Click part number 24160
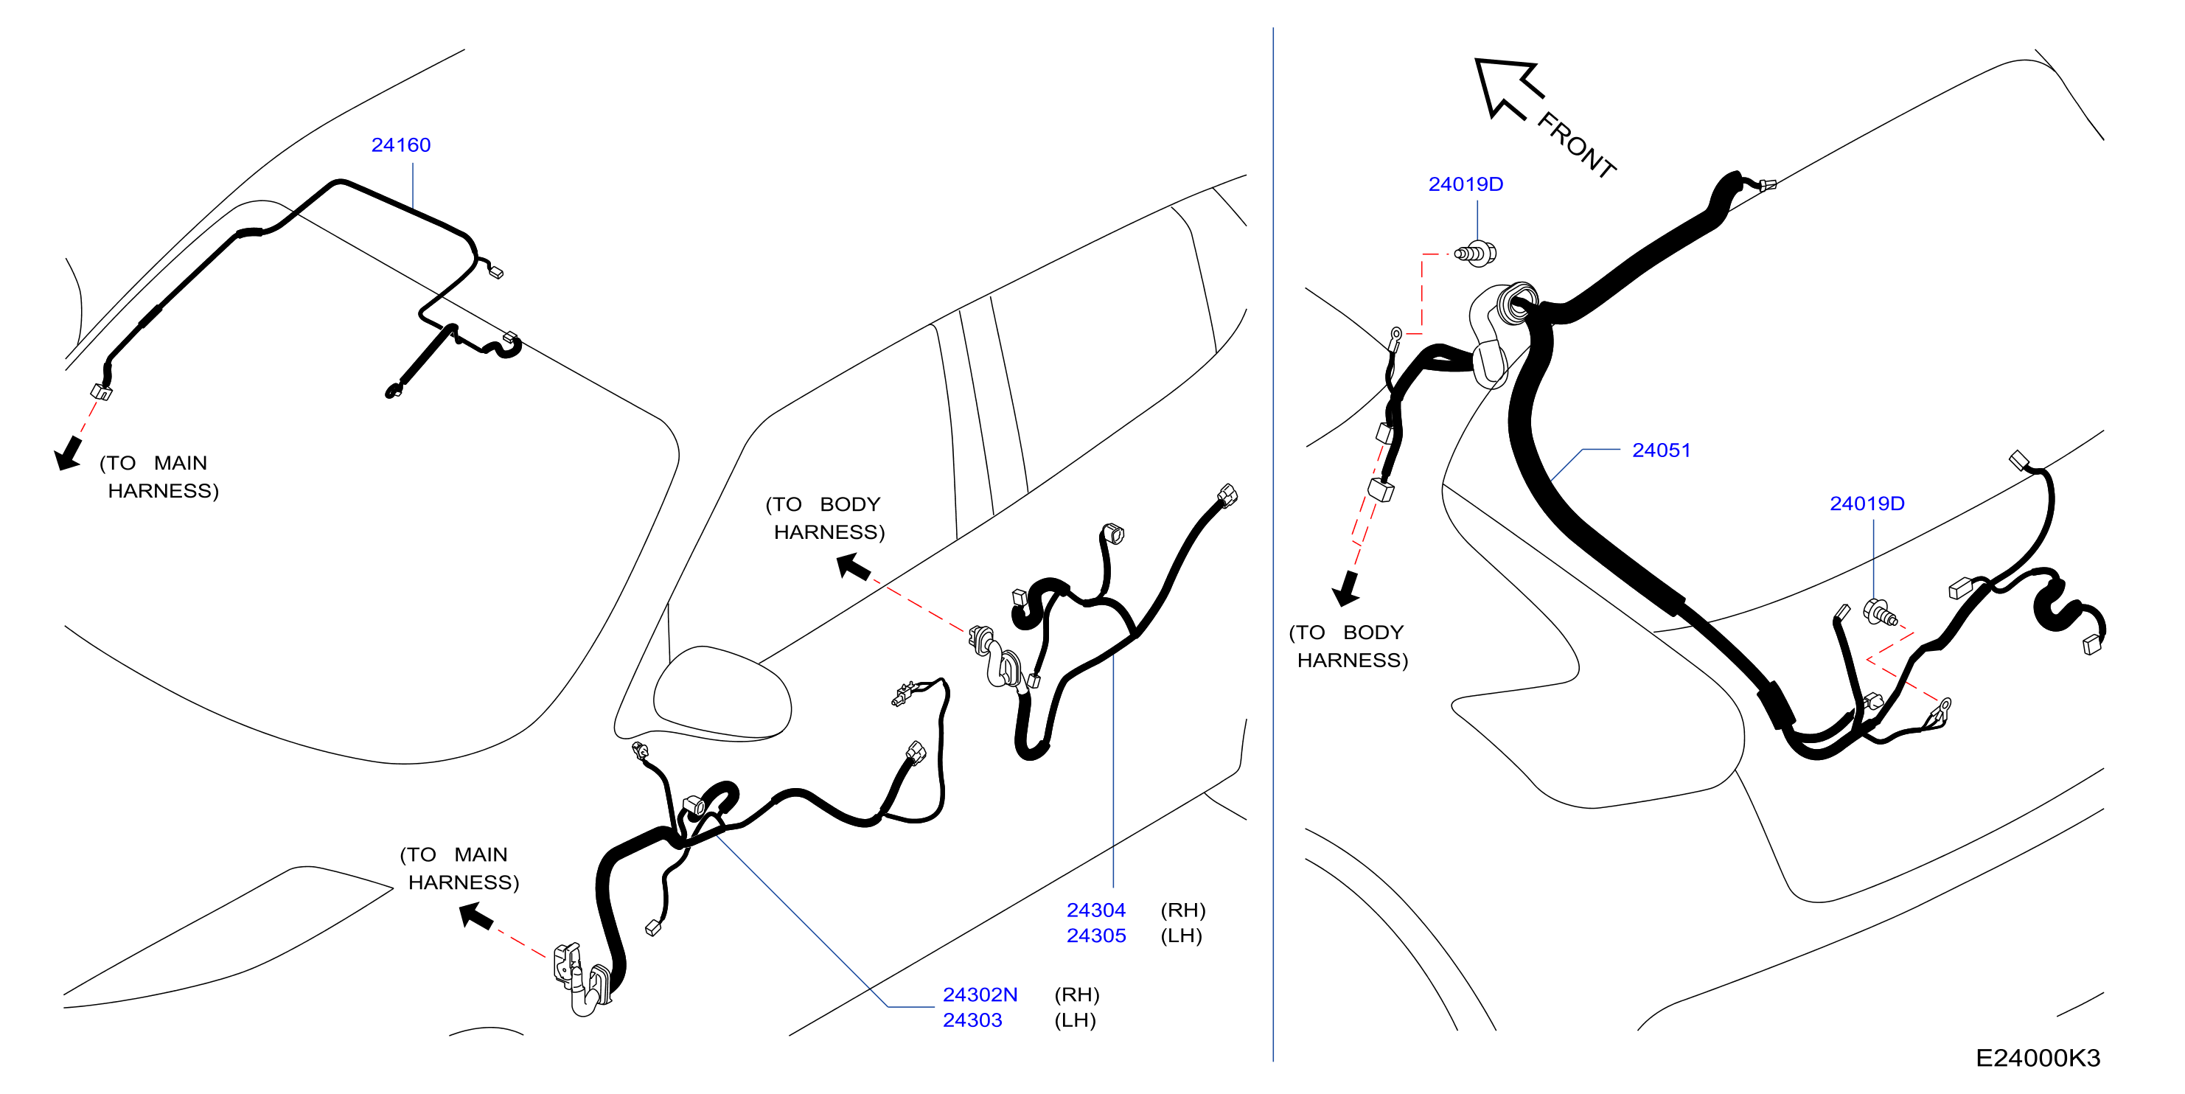pyautogui.click(x=401, y=145)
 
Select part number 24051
pyautogui.click(x=1661, y=450)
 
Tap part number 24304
pyautogui.click(x=1096, y=910)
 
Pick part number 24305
pyautogui.click(x=1096, y=936)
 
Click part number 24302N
pyautogui.click(x=980, y=994)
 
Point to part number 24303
pyautogui.click(x=972, y=1020)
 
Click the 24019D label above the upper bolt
pyautogui.click(x=1466, y=184)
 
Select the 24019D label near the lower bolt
pyautogui.click(x=1867, y=504)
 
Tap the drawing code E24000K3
pyautogui.click(x=2038, y=1059)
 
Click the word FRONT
pyautogui.click(x=1577, y=145)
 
